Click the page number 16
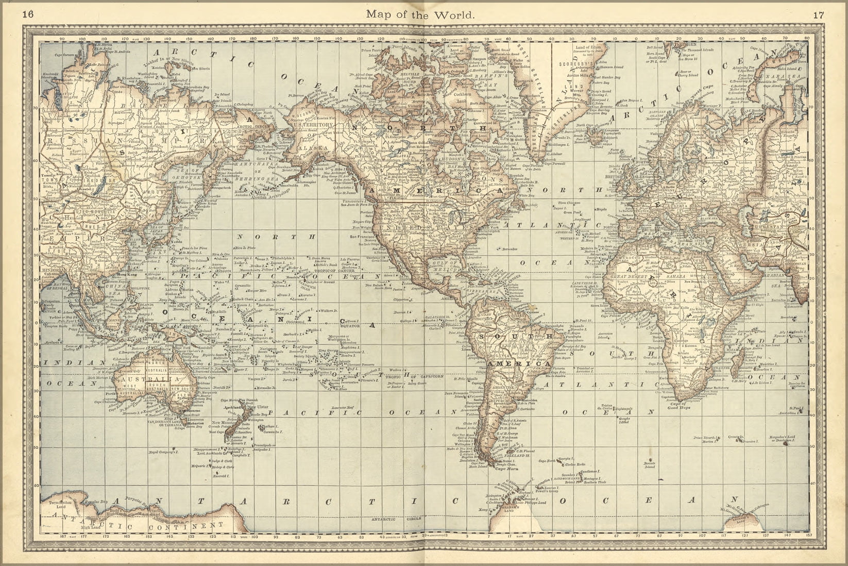pos(28,14)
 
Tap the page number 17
pos(819,14)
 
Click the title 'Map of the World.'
pos(420,14)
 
